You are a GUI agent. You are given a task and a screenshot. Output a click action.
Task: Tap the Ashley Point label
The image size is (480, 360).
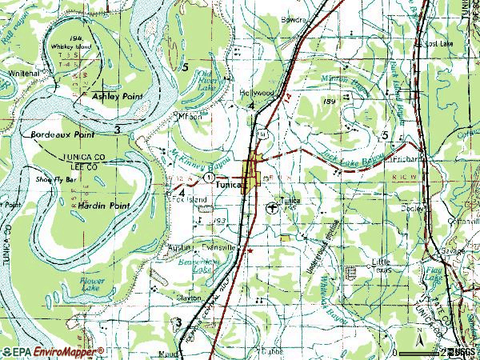tap(117, 96)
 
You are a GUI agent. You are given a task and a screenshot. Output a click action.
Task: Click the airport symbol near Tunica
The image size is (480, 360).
tap(274, 209)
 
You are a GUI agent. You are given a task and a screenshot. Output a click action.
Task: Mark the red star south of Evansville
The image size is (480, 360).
tap(250, 250)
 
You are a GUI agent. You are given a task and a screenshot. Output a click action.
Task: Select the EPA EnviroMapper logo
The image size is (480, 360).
tap(53, 351)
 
